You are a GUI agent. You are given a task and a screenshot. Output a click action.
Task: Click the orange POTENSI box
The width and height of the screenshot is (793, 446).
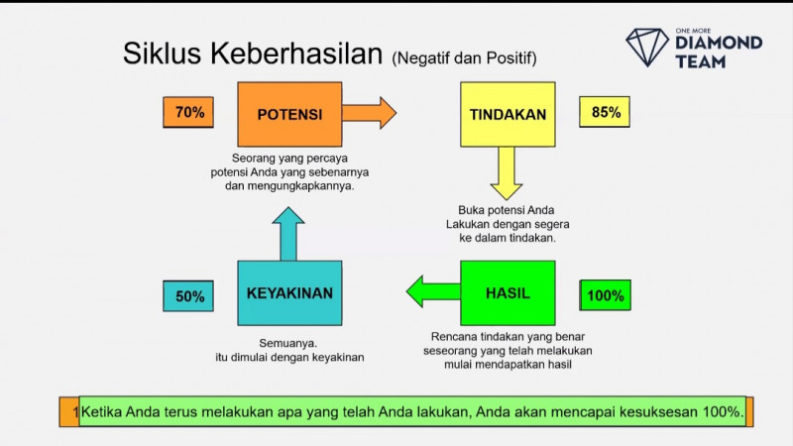tap(289, 114)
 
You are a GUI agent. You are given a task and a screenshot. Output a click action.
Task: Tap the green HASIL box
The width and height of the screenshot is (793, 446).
tap(508, 293)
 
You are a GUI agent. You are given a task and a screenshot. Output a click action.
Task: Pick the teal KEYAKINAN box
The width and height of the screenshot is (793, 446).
tap(289, 293)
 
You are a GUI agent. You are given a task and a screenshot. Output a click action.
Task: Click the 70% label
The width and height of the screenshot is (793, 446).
tap(188, 113)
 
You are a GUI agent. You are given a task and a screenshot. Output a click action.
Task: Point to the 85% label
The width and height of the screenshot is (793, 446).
tap(606, 113)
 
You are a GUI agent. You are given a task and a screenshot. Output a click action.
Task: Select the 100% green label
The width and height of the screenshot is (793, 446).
tap(606, 295)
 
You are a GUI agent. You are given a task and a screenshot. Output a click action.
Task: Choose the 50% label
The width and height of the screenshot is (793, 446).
tap(188, 295)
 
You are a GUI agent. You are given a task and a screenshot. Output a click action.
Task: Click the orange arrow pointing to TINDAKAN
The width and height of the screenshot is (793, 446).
tap(369, 112)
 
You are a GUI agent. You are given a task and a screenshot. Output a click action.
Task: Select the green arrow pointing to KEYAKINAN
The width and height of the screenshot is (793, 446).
tap(432, 291)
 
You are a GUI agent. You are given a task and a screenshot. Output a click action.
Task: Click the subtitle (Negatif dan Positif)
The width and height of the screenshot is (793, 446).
tap(465, 57)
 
